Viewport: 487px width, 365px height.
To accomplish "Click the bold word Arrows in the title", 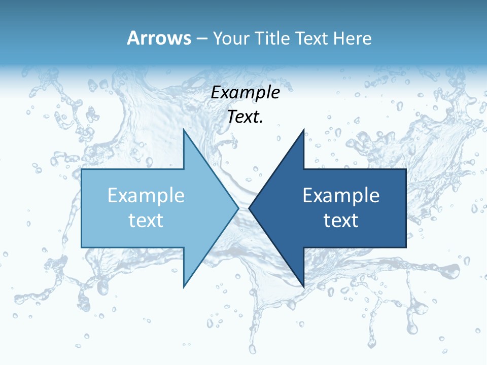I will click(x=159, y=38).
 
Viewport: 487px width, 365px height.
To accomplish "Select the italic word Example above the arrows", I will click(x=245, y=93).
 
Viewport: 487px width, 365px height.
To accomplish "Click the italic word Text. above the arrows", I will click(x=245, y=117).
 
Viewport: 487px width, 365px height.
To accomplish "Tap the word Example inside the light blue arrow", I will click(x=146, y=196).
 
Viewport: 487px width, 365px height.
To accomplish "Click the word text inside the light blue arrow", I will click(x=146, y=220).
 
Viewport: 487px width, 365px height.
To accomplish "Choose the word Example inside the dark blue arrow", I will click(x=341, y=196).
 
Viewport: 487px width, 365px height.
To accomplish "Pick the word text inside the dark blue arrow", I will click(x=341, y=220).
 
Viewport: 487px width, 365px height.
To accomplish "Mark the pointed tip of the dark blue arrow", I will click(x=250, y=208).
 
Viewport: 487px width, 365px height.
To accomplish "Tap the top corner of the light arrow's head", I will click(x=184, y=130).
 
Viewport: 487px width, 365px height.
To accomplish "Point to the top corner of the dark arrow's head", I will click(x=303, y=130).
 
